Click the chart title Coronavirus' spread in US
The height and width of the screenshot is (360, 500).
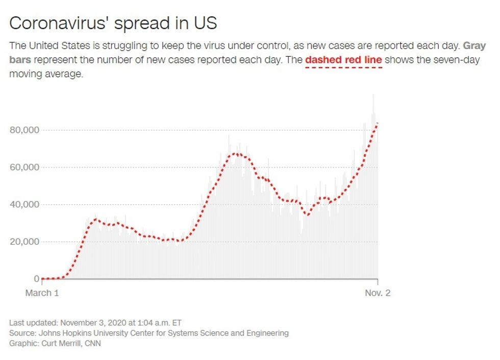(x=113, y=23)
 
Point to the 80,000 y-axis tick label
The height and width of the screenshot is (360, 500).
(x=24, y=130)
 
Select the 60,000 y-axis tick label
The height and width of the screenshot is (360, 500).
(x=24, y=167)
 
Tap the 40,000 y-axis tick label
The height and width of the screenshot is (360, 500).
(x=24, y=205)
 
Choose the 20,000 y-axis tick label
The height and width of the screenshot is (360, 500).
(x=24, y=242)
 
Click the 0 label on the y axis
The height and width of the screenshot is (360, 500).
(x=36, y=279)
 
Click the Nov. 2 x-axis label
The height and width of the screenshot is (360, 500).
(x=377, y=293)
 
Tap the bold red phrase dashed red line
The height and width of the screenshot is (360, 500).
(x=343, y=60)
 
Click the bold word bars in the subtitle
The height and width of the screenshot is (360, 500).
(x=20, y=60)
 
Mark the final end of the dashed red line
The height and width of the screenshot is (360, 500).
(x=377, y=123)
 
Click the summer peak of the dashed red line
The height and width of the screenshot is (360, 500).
(x=235, y=153)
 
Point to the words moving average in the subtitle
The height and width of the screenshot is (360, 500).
(x=46, y=74)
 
